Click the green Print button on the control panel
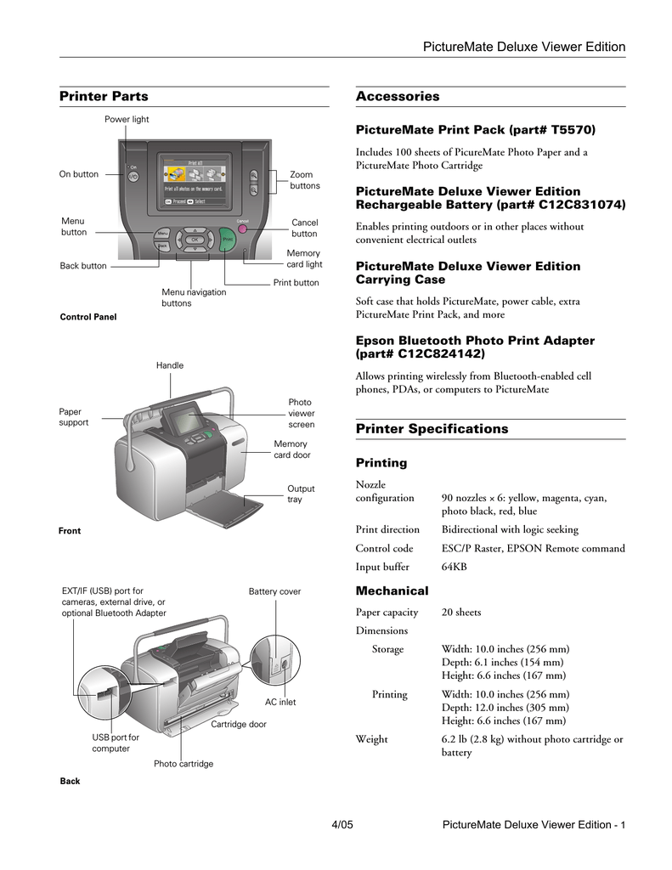[227, 240]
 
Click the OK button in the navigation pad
[194, 240]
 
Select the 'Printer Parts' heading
[104, 97]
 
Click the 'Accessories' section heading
[398, 97]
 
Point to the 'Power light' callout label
[127, 120]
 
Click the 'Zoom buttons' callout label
[305, 180]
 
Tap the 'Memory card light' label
[303, 259]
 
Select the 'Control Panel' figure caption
[88, 317]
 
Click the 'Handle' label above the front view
[169, 365]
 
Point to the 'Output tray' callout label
[301, 494]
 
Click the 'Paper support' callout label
[74, 417]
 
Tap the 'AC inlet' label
[280, 703]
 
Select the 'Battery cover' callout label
[274, 591]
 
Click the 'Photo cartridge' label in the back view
[184, 764]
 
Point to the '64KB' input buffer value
[455, 567]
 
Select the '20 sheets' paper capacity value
[461, 612]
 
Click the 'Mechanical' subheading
[392, 590]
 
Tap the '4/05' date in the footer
[342, 825]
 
